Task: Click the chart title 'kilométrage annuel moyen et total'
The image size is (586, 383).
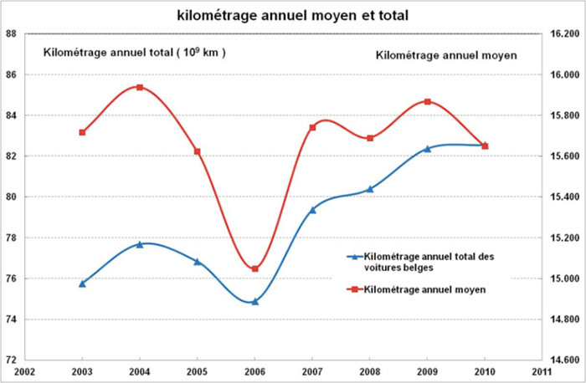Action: coord(293,14)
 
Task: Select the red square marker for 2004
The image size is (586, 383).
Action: coord(140,87)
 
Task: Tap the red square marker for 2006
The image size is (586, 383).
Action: coord(254,268)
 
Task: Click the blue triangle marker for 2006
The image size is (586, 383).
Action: coord(254,301)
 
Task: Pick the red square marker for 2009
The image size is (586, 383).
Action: coord(427,101)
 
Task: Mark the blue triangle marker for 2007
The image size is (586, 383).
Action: coord(312,209)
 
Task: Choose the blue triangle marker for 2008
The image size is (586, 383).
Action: coord(370,189)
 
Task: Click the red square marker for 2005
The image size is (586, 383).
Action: coord(197,151)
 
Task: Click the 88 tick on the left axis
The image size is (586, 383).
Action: coord(12,33)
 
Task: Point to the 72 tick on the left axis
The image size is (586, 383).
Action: coord(12,360)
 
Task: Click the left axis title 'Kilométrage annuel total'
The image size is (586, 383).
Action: coord(135,53)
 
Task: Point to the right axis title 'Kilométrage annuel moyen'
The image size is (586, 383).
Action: coord(445,55)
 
